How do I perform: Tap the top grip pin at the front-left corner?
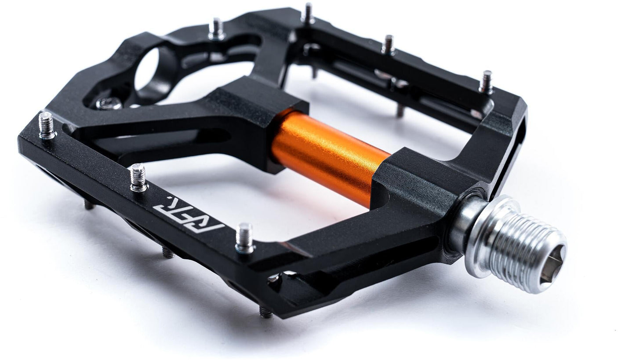[x=47, y=126]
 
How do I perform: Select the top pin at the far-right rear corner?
[x=485, y=82]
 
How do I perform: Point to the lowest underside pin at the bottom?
[x=265, y=312]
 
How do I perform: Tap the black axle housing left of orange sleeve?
[x=264, y=119]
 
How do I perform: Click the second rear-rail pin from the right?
[x=388, y=45]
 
